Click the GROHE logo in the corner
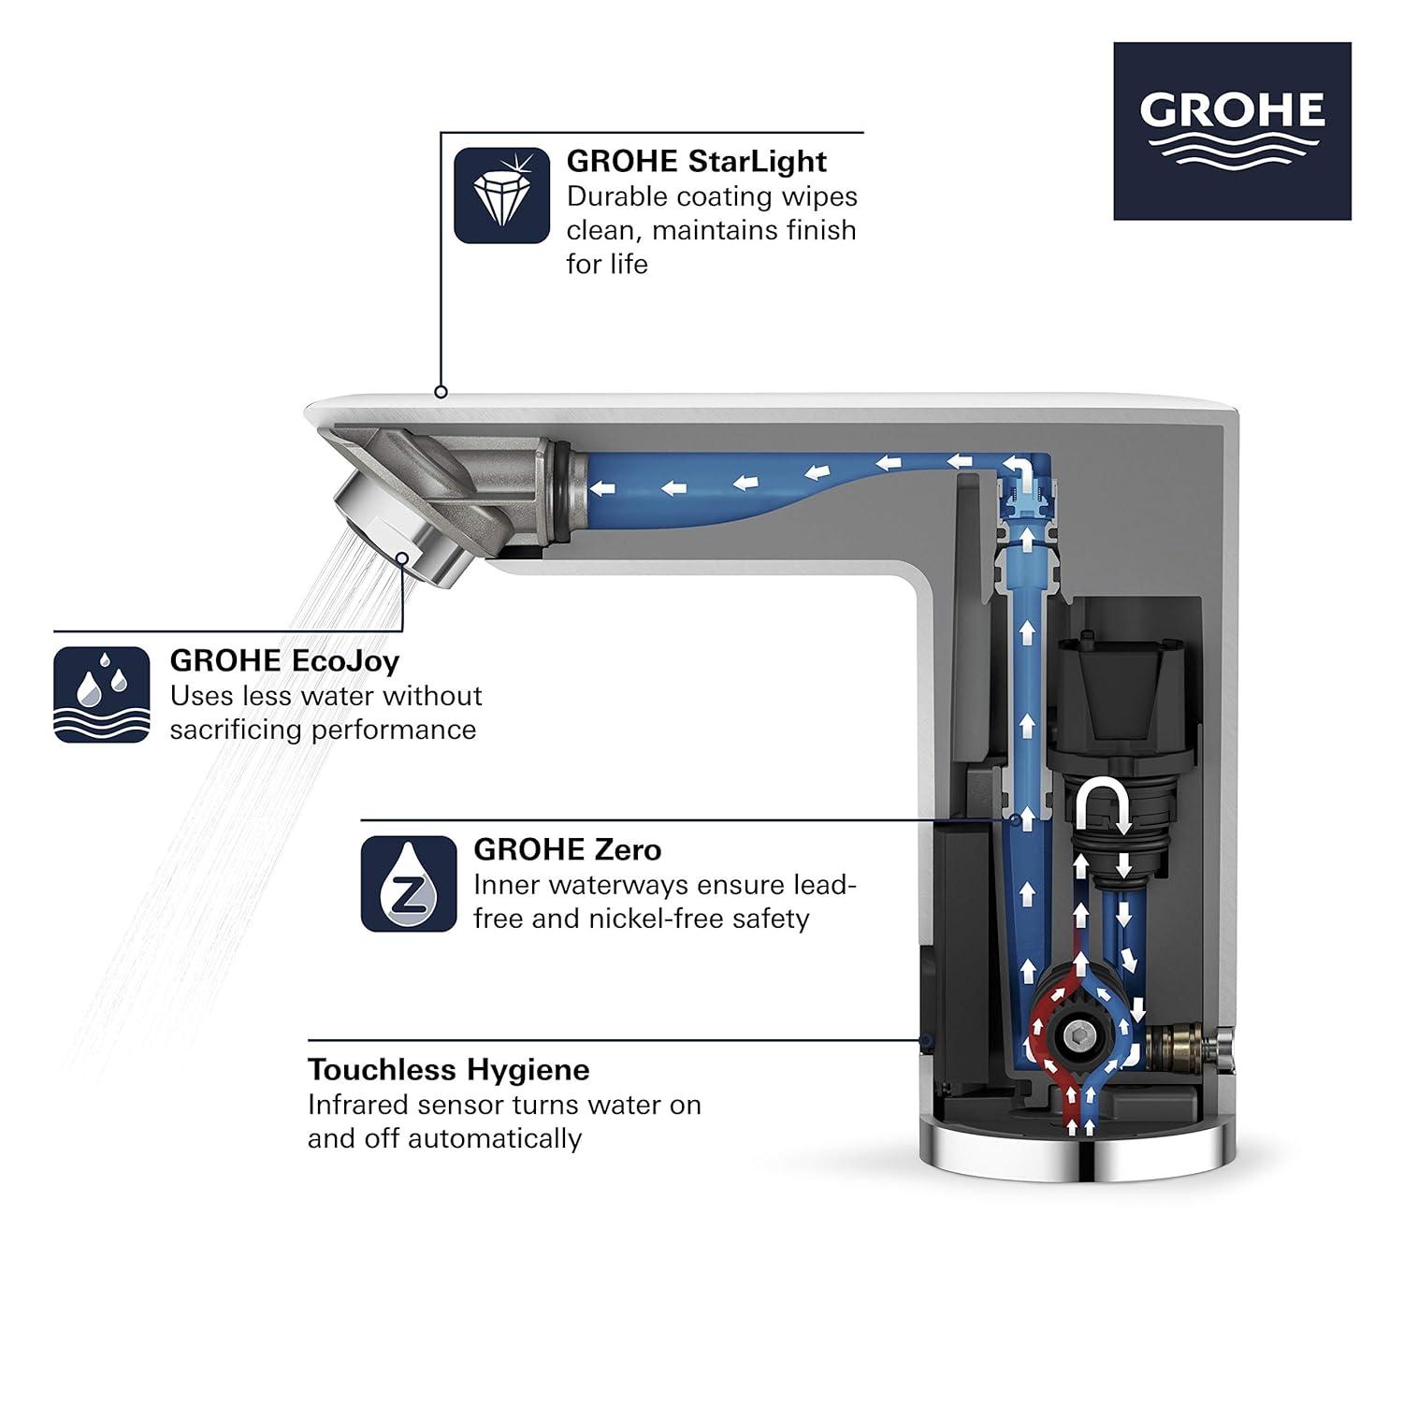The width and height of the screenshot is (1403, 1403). tap(1231, 131)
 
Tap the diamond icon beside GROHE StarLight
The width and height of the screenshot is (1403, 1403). tap(501, 196)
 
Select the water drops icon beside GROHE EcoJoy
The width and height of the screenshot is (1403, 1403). tap(102, 694)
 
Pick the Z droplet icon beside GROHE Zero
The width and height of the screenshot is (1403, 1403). tap(409, 883)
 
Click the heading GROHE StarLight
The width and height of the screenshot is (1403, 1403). tap(696, 161)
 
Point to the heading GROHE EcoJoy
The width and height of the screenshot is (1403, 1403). tap(284, 660)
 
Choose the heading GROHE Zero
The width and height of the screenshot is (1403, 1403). tap(567, 849)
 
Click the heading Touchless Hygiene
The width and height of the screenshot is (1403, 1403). tap(449, 1069)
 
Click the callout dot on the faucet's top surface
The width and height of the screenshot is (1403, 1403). tap(441, 392)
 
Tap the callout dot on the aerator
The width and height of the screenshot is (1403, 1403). tap(403, 558)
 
